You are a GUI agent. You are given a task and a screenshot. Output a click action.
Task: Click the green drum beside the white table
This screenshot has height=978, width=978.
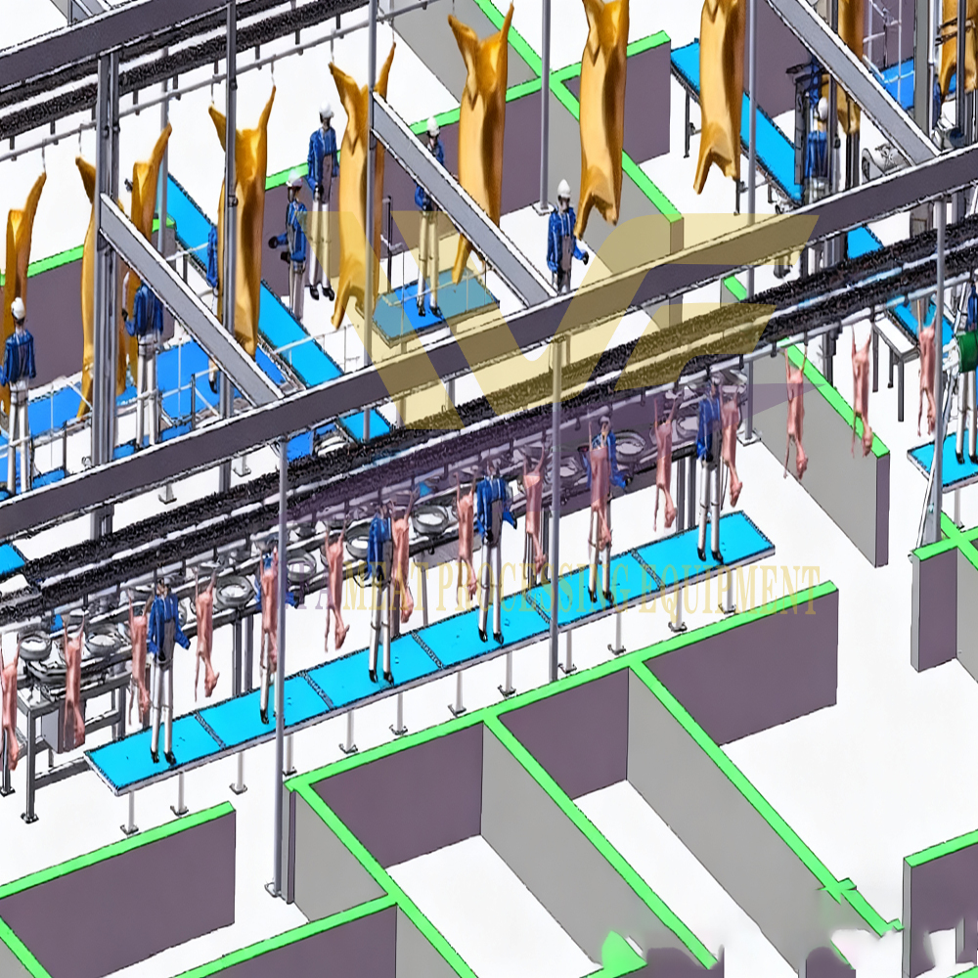[968, 351]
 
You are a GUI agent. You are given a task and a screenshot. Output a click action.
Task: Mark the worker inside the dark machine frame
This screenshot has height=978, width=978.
[817, 147]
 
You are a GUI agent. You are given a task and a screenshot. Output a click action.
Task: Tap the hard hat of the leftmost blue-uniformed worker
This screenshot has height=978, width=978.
[18, 309]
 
